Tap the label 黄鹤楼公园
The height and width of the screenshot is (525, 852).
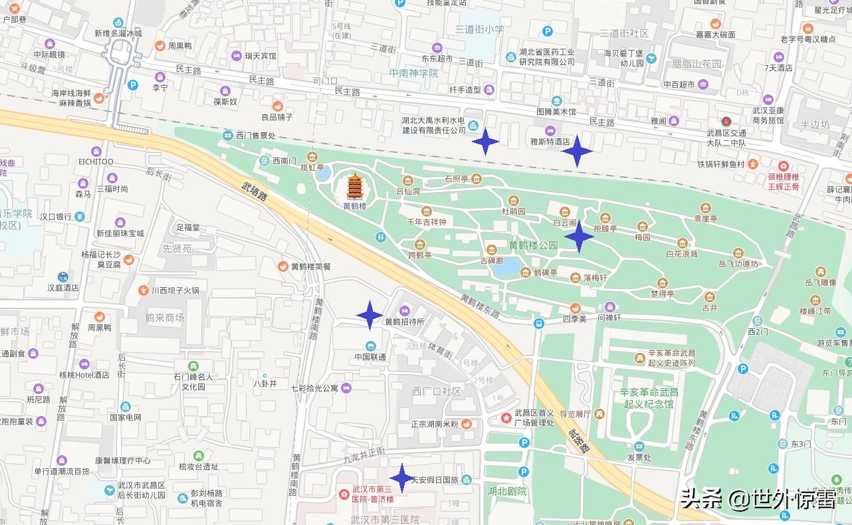tap(533, 245)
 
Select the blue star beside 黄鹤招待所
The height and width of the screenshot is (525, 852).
tap(369, 315)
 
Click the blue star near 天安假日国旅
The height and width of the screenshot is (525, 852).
tap(401, 478)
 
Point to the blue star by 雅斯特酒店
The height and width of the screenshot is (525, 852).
tap(577, 151)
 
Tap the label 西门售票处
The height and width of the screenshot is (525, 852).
tap(256, 135)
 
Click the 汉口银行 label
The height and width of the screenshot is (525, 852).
tap(55, 217)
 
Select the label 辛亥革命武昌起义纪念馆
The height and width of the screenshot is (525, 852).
tap(648, 398)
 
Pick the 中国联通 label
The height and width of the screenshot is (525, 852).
tap(370, 357)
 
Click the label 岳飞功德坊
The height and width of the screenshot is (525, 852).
tap(738, 264)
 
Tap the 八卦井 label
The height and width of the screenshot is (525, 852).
tap(265, 383)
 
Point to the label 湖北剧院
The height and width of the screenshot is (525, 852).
tap(506, 491)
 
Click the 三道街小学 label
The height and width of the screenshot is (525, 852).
tap(479, 29)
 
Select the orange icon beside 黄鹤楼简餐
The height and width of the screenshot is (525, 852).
tap(283, 266)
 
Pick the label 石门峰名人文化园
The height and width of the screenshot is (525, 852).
tap(193, 381)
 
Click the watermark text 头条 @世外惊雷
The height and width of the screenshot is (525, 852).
tap(758, 498)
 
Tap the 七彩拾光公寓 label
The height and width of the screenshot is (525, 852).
tap(314, 388)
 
